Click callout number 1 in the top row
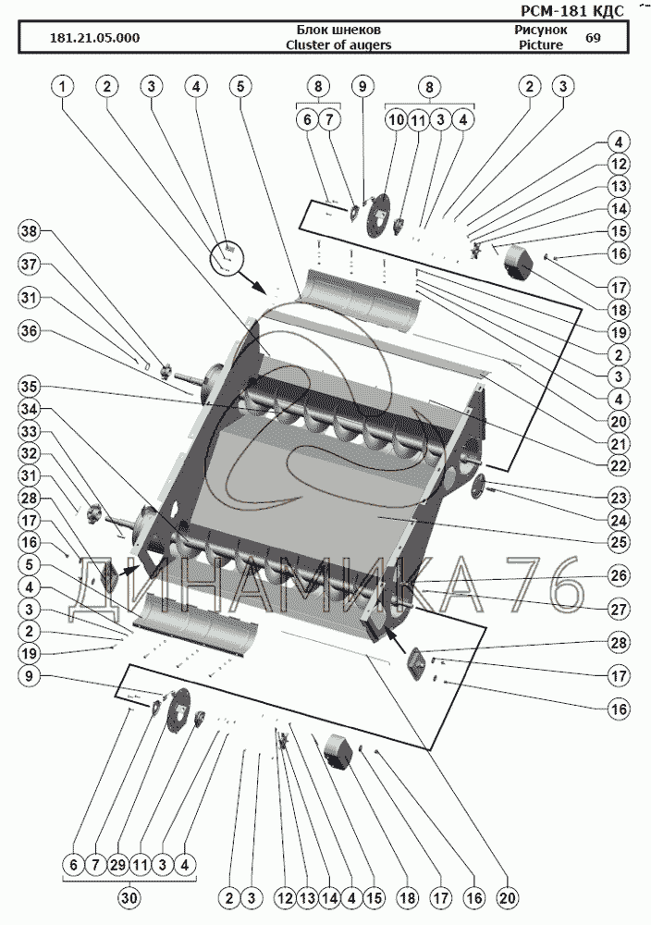click(x=63, y=87)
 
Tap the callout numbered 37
click(x=31, y=265)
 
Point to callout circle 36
click(x=31, y=330)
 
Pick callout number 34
click(x=31, y=410)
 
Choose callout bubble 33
click(x=31, y=432)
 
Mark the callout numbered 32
click(x=31, y=454)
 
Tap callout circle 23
click(x=618, y=495)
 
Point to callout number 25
click(x=618, y=542)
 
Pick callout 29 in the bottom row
click(x=117, y=864)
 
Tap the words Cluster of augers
click(x=332, y=44)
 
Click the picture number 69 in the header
click(x=593, y=37)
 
